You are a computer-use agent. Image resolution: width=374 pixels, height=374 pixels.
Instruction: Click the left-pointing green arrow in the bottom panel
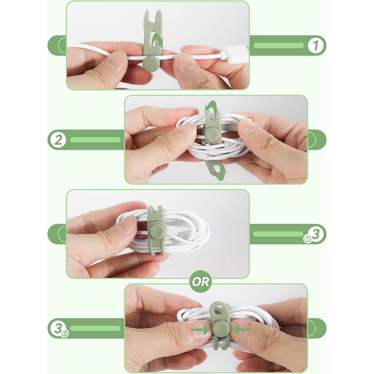(242, 330)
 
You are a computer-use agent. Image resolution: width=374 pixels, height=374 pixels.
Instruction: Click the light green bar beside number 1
(279, 45)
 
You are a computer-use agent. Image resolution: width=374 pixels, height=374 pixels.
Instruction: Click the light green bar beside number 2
(95, 140)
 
